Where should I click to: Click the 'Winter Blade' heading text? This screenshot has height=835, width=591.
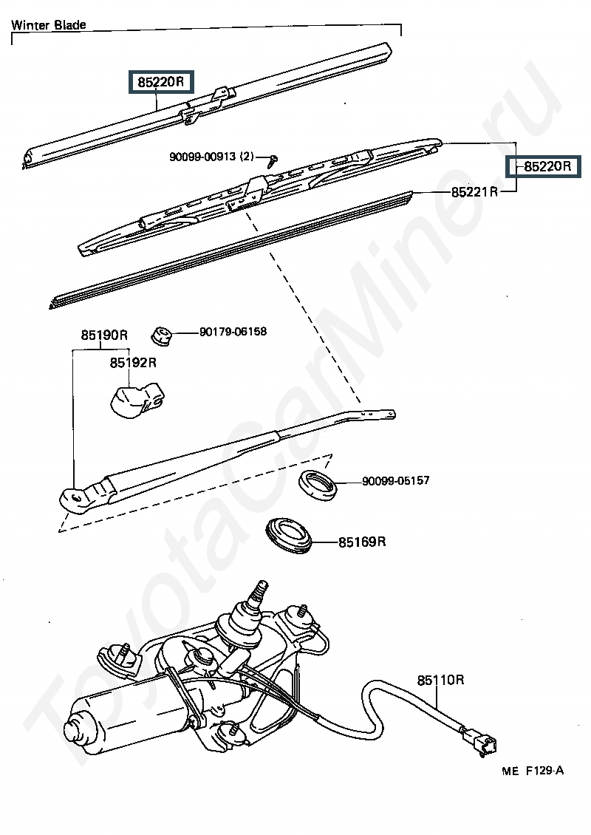(x=49, y=25)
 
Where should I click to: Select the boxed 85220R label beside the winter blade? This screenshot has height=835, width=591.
(x=160, y=82)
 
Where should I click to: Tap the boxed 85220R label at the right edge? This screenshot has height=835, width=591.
(x=547, y=167)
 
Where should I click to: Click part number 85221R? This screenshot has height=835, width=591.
(x=475, y=192)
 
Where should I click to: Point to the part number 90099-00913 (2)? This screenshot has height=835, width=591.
(x=211, y=157)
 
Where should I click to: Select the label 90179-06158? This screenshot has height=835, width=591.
(x=233, y=332)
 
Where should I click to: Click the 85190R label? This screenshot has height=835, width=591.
(x=104, y=335)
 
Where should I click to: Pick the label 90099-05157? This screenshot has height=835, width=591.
(x=395, y=481)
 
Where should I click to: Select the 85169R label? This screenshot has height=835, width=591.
(x=362, y=542)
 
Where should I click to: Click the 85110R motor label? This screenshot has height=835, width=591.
(x=440, y=680)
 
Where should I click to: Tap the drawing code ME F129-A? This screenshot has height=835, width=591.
(x=533, y=771)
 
